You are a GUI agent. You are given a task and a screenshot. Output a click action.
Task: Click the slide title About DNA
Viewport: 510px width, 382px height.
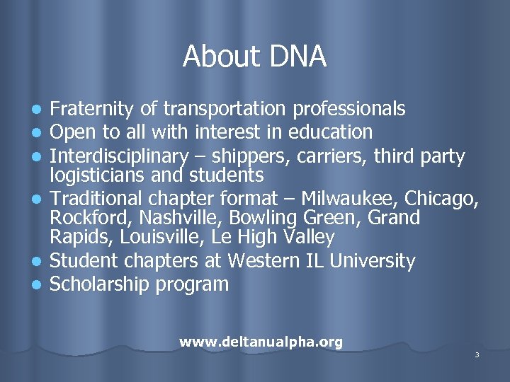254,57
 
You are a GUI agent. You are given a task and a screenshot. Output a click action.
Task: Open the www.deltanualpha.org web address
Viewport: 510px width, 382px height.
261,342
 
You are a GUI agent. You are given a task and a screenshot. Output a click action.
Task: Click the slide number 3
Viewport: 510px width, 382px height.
477,354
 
